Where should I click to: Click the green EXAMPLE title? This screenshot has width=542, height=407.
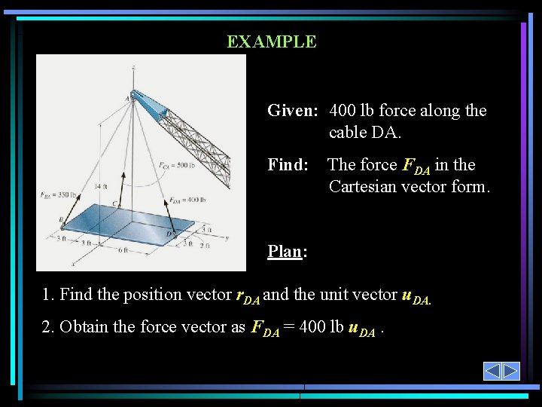point(272,41)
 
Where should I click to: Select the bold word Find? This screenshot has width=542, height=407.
point(288,165)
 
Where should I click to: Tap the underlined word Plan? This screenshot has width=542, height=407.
point(287,252)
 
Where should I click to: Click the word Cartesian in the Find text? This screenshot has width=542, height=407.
point(363,186)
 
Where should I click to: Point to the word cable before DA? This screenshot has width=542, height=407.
point(351,133)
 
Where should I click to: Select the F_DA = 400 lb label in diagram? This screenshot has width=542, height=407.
point(186,200)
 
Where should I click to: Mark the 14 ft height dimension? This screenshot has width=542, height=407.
point(101,186)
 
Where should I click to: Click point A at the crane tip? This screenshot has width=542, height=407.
point(127,97)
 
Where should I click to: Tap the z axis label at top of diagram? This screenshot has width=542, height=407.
point(133,68)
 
